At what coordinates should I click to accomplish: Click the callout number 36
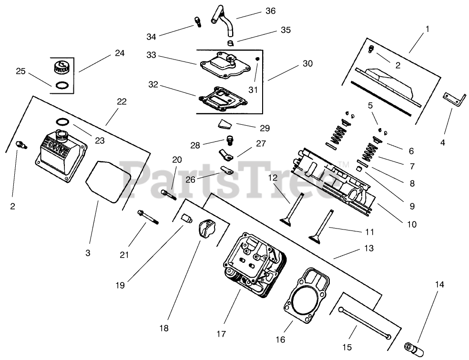tap(270, 11)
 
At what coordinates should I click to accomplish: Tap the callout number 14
tap(439, 285)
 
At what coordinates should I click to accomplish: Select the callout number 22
tap(122, 101)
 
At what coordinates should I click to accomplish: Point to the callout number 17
tap(221, 334)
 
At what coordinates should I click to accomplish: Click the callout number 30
tap(307, 63)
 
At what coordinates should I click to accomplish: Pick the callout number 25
tap(20, 71)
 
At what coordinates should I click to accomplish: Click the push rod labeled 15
tap(364, 323)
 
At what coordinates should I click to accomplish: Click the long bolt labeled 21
tap(148, 218)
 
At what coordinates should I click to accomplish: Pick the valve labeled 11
tap(321, 226)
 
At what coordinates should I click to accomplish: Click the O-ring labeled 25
tap(61, 86)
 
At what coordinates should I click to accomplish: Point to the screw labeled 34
tap(197, 21)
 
